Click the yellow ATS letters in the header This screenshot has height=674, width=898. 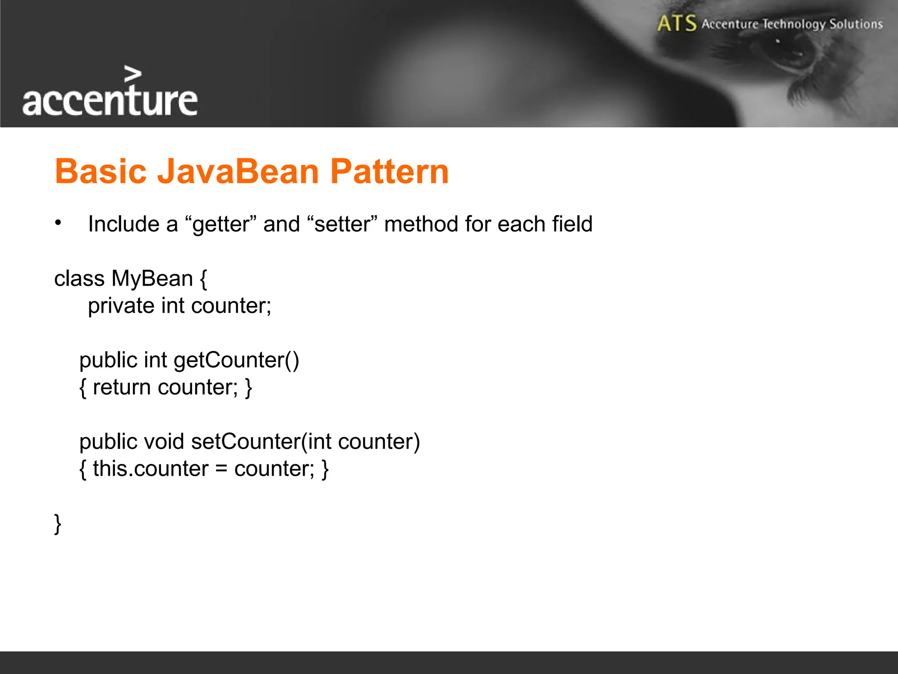pyautogui.click(x=677, y=23)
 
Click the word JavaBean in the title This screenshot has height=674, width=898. pyautogui.click(x=238, y=171)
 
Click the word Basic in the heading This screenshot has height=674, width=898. pyautogui.click(x=100, y=171)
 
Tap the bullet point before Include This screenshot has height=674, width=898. pyautogui.click(x=58, y=223)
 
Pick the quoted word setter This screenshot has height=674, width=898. pyautogui.click(x=342, y=224)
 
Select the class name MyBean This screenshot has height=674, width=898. pyautogui.click(x=152, y=279)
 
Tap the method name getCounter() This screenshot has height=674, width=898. pyautogui.click(x=236, y=361)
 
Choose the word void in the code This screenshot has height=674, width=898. pyautogui.click(x=164, y=441)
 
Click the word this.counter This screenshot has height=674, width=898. pyautogui.click(x=150, y=469)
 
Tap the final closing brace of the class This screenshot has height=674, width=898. pyautogui.click(x=57, y=523)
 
